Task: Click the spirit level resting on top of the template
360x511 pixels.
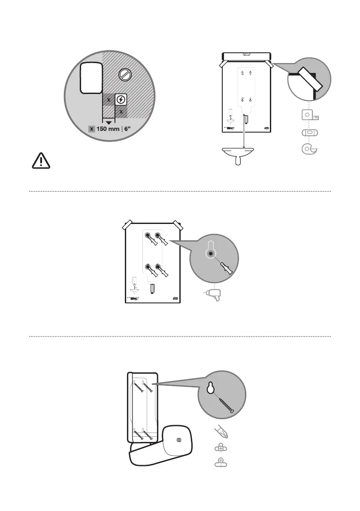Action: tap(246, 56)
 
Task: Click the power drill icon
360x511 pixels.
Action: tap(213, 296)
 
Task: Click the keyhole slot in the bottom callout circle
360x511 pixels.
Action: tap(210, 388)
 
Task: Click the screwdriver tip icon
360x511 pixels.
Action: tap(221, 431)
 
